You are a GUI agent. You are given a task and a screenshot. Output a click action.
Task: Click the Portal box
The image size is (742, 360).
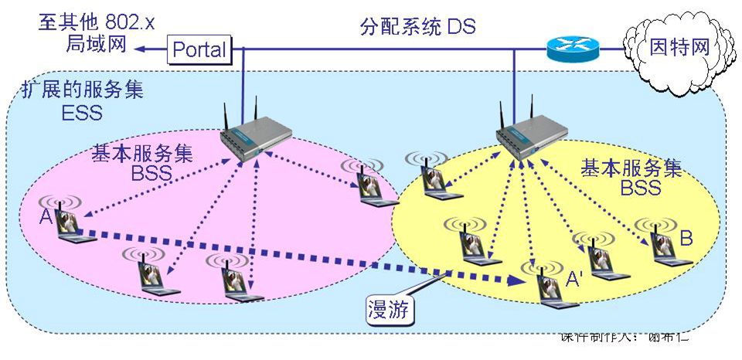[199, 50]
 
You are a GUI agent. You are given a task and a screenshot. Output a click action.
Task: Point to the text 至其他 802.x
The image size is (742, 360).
[97, 21]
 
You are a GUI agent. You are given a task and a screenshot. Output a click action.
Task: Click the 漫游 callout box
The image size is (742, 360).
[391, 311]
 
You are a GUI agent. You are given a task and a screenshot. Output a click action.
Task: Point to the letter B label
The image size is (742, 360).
[686, 239]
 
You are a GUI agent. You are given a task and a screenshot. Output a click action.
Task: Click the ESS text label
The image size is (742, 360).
[80, 114]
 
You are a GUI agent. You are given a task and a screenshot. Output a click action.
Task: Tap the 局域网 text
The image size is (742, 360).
[96, 44]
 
